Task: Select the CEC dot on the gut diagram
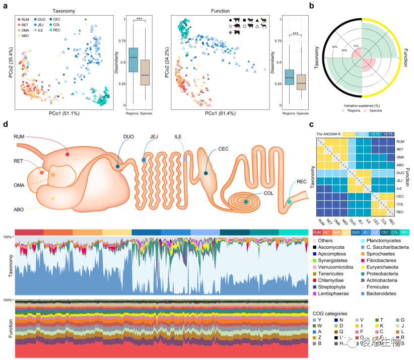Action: click(206, 174)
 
